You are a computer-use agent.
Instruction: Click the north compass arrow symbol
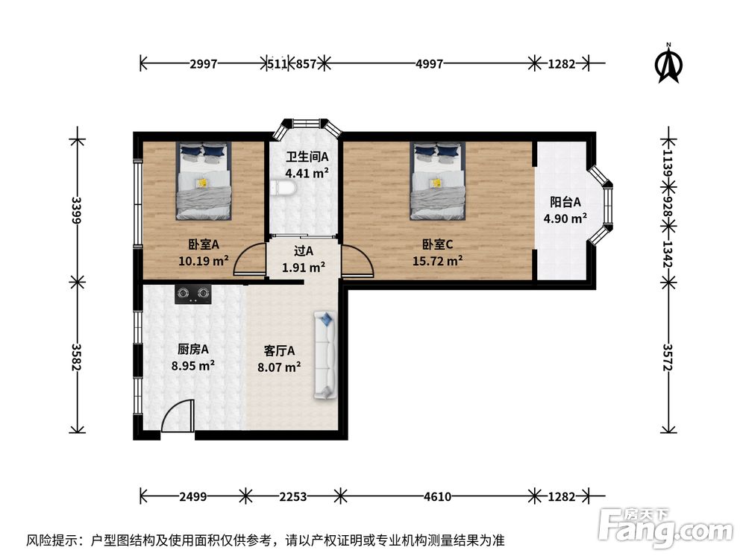(x=668, y=63)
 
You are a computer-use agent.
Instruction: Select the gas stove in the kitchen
(x=193, y=294)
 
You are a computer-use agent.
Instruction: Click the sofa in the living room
(x=325, y=356)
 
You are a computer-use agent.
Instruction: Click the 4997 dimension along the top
(x=429, y=63)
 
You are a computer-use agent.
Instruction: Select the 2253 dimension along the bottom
(x=292, y=496)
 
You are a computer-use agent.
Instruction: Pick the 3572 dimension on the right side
(x=668, y=357)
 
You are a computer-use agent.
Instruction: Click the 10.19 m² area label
(x=204, y=260)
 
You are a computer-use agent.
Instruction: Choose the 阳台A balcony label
(x=565, y=202)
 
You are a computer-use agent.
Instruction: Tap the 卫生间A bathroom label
(x=307, y=157)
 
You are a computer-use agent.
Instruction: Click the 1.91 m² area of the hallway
(x=304, y=267)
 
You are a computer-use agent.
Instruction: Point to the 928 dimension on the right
(x=668, y=206)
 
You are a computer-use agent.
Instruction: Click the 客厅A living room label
(x=279, y=351)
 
